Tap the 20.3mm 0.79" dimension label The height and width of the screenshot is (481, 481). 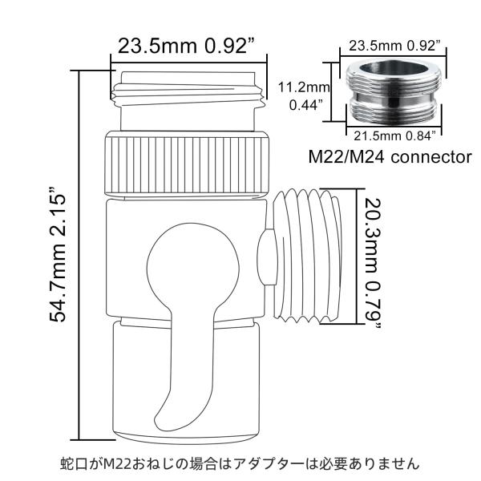[x=373, y=265]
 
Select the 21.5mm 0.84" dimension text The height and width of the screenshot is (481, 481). [x=394, y=136]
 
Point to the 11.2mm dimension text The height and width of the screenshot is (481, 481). [x=304, y=87]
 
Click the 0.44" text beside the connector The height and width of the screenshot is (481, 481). [x=306, y=105]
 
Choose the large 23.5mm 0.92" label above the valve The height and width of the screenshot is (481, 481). [x=187, y=46]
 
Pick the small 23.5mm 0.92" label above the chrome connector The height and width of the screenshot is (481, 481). [x=394, y=46]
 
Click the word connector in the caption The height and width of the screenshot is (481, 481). [x=431, y=157]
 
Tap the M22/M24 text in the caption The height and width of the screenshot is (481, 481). [x=346, y=157]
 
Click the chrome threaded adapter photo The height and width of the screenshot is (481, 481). [x=394, y=91]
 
